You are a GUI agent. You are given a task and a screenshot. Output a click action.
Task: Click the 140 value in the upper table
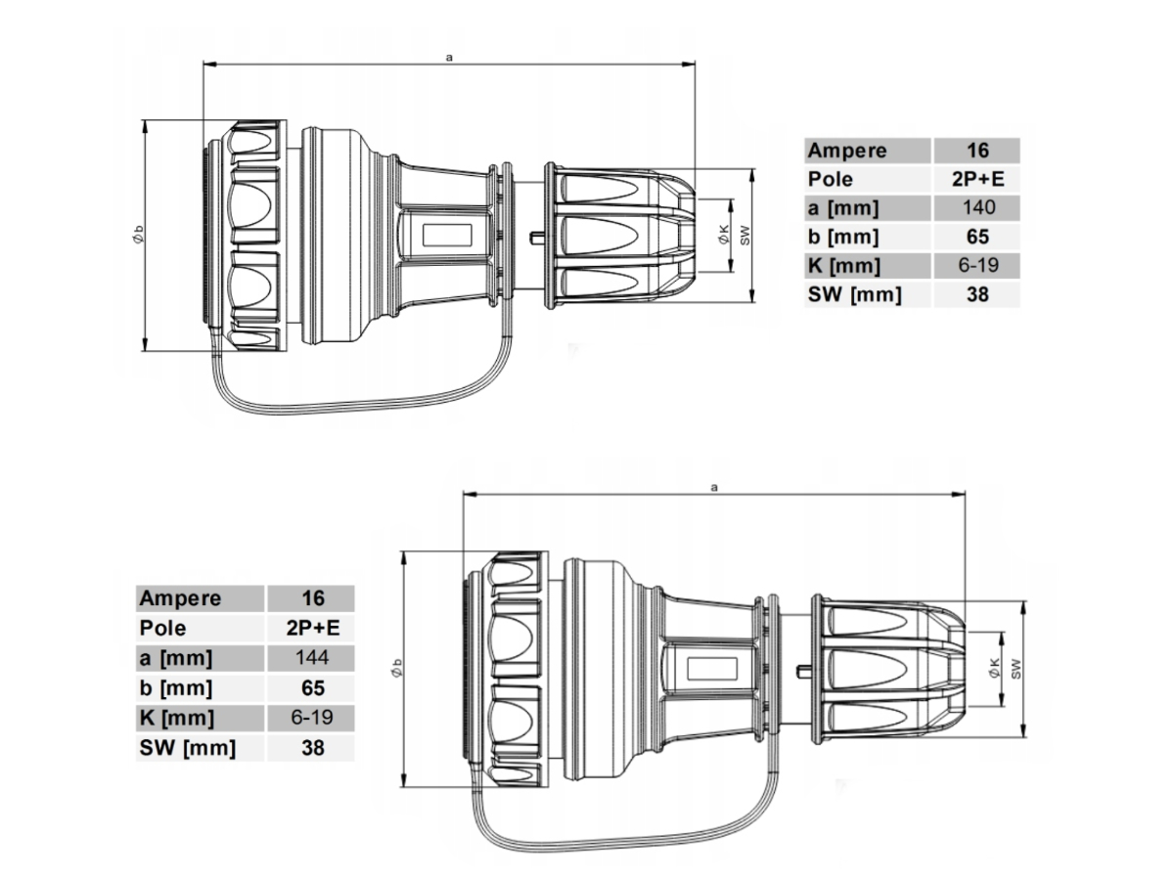point(976,207)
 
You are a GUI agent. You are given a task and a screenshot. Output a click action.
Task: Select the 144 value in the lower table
point(310,657)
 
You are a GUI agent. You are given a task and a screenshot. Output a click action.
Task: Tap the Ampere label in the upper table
point(847,151)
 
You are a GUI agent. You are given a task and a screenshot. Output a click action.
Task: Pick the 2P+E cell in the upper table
point(976,179)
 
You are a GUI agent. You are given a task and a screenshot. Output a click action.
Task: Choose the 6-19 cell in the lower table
point(310,718)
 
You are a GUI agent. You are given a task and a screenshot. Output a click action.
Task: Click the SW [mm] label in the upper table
point(854,294)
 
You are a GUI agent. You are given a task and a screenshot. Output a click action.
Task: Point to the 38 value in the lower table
point(310,748)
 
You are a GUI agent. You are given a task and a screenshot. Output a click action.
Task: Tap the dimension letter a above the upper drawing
point(448,58)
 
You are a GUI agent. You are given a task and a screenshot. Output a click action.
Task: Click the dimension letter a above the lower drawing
point(714,485)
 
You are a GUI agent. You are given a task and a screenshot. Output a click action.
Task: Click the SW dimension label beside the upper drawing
point(745,235)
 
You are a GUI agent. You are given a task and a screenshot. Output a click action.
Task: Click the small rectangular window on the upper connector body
point(446,235)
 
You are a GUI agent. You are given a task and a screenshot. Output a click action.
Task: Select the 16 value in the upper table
point(976,151)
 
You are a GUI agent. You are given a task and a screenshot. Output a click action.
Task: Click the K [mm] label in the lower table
point(177,718)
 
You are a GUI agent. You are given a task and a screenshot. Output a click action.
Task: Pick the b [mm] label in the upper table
point(843,237)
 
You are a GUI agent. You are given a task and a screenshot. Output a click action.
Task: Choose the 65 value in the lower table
point(310,687)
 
